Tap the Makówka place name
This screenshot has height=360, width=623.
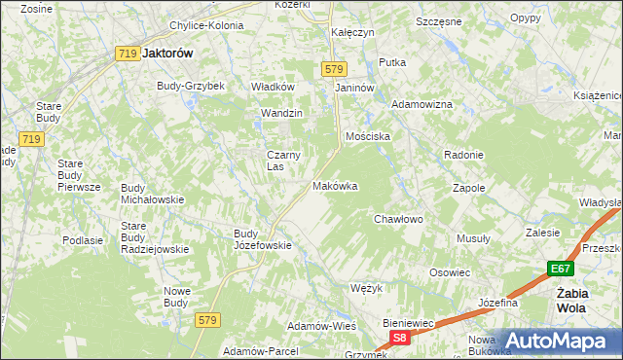[x=335, y=185]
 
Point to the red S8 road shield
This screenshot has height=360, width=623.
[x=399, y=337]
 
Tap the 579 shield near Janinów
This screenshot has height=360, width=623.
[x=334, y=68]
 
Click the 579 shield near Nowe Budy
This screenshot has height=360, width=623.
[x=205, y=319]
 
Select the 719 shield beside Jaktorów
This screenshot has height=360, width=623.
[x=126, y=54]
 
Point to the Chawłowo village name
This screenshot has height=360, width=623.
[x=399, y=219]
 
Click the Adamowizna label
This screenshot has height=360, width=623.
[x=421, y=103]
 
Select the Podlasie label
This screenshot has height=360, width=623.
[x=83, y=239]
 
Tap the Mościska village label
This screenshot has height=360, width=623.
[x=367, y=136]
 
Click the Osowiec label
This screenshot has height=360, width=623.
[x=450, y=272]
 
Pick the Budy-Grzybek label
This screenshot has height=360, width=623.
[x=191, y=86]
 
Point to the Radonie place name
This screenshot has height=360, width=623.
[x=463, y=156]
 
